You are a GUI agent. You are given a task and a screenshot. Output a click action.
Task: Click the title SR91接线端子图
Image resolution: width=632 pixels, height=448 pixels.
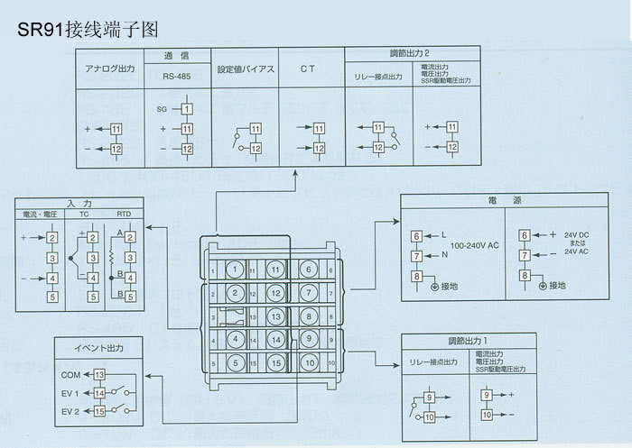pyautogui.click(x=88, y=29)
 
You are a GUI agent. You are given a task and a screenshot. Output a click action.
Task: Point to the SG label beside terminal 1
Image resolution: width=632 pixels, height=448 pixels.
pyautogui.click(x=163, y=108)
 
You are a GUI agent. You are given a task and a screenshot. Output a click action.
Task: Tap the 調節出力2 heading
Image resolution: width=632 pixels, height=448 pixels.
pyautogui.click(x=414, y=54)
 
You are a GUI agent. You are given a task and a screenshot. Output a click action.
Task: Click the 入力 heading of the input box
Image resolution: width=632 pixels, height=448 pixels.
pyautogui.click(x=79, y=204)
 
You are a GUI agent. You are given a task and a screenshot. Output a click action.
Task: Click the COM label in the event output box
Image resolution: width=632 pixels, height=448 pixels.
pyautogui.click(x=71, y=373)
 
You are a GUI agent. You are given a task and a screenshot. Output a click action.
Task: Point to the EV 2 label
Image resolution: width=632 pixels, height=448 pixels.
pyautogui.click(x=71, y=411)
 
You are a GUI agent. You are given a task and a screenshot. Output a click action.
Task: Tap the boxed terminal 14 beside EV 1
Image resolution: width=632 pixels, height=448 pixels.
pyautogui.click(x=99, y=393)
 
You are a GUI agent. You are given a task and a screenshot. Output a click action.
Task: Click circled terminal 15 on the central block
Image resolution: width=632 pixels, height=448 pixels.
pyautogui.click(x=275, y=363)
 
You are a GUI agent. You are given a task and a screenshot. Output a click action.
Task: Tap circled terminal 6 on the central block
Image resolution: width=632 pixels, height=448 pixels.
pyautogui.click(x=309, y=269)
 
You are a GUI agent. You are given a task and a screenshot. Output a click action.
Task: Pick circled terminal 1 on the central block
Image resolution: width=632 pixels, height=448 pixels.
pyautogui.click(x=235, y=269)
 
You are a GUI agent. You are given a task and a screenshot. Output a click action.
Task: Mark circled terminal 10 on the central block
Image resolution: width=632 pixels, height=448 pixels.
pyautogui.click(x=309, y=363)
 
